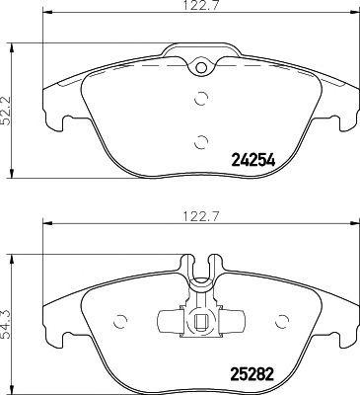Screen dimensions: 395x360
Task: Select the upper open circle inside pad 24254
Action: pyautogui.click(x=201, y=98)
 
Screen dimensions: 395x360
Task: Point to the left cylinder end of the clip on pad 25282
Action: pyautogui.click(x=165, y=320)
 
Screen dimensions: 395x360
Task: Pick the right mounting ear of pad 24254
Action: pyautogui.click(x=345, y=120)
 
